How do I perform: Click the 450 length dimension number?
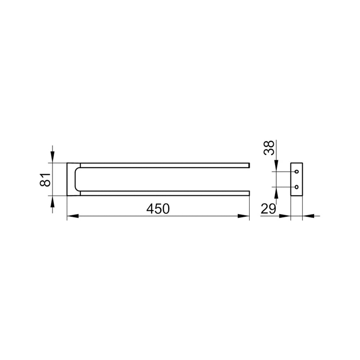158,209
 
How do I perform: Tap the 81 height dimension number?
45,180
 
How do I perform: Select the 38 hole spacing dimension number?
269,148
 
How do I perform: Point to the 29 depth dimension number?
268,209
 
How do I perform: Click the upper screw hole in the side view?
297,172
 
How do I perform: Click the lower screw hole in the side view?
297,187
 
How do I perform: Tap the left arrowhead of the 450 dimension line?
73,216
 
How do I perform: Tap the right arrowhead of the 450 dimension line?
244,216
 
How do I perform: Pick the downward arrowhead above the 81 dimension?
53,157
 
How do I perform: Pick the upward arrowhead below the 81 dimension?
53,201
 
